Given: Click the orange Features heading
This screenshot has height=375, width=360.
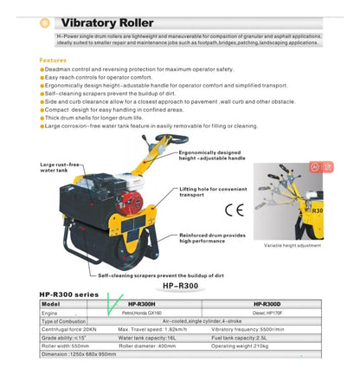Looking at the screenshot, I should coord(58,61).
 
